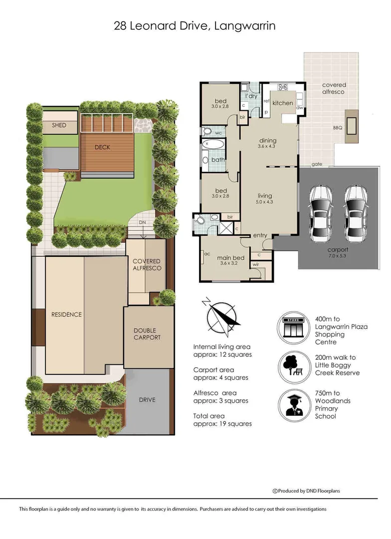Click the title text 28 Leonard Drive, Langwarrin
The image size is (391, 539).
pyautogui.click(x=195, y=26)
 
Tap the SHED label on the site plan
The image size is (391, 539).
pyautogui.click(x=59, y=125)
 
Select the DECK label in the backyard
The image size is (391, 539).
pyautogui.click(x=102, y=147)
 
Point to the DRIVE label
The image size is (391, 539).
pyautogui.click(x=147, y=400)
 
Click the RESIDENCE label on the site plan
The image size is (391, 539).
pyautogui.click(x=66, y=314)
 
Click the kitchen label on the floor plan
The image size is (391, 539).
pyautogui.click(x=283, y=103)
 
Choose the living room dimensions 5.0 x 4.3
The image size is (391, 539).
pyautogui.click(x=264, y=202)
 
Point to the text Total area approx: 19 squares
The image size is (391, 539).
pyautogui.click(x=222, y=420)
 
